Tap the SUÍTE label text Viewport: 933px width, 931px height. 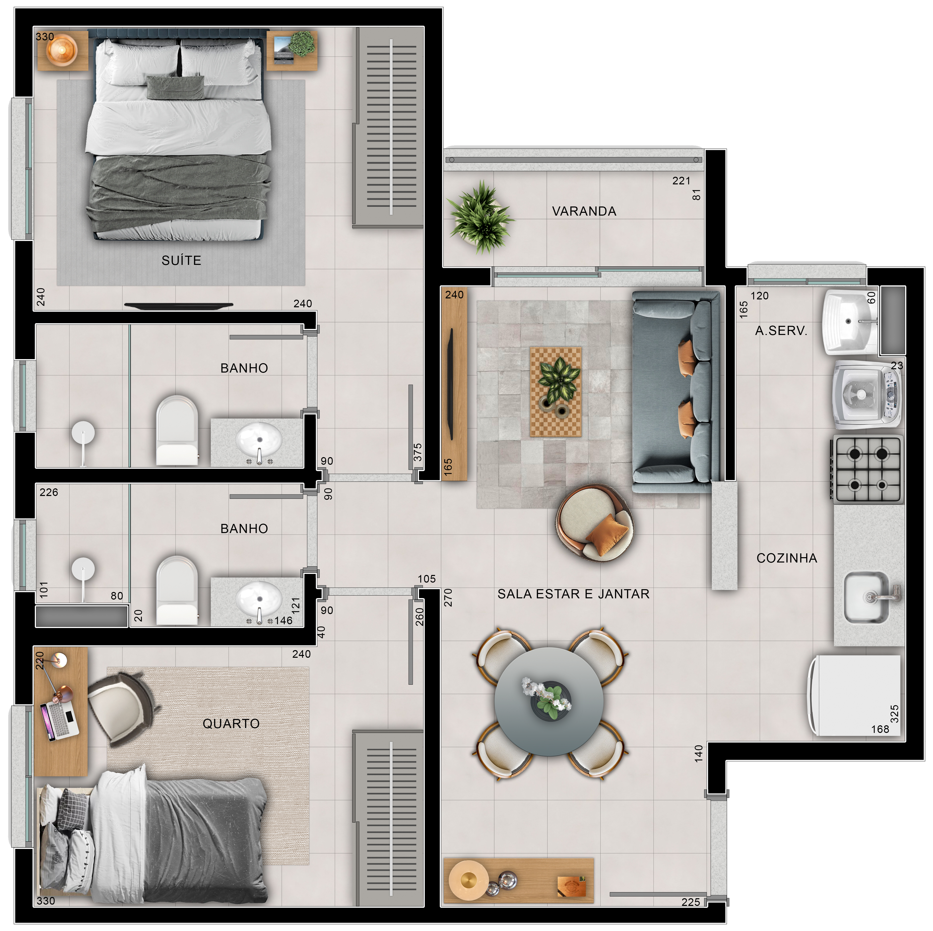(x=181, y=261)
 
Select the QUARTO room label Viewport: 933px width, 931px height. (x=231, y=723)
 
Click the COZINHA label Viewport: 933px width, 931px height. (x=787, y=558)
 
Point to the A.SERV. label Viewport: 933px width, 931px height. (x=781, y=331)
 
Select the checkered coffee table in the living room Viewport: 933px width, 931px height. (x=556, y=392)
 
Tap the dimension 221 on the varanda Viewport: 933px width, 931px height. (x=681, y=181)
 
